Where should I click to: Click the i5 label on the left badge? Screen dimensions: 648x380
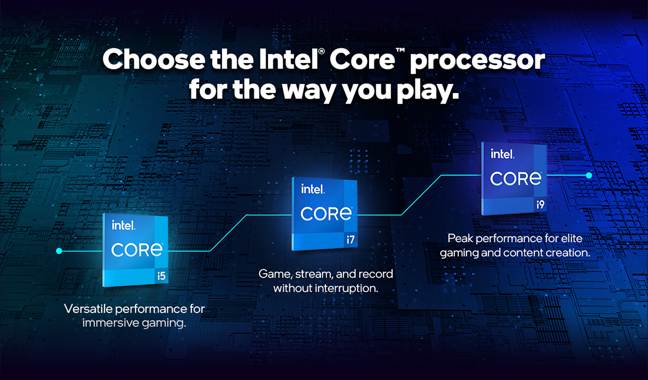click(x=161, y=275)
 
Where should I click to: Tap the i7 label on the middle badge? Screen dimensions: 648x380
click(x=351, y=239)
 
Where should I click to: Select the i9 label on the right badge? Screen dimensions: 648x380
click(x=540, y=204)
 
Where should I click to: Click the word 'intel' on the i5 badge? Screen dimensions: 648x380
click(x=124, y=225)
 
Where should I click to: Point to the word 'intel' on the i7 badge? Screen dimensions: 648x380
click(x=313, y=189)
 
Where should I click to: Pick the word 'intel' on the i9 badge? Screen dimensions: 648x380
click(x=503, y=154)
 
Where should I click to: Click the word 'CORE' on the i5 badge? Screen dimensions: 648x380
click(x=137, y=250)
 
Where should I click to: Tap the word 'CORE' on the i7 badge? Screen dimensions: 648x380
click(x=326, y=214)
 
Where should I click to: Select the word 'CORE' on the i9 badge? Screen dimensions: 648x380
click(x=516, y=179)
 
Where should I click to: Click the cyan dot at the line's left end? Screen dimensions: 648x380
click(x=59, y=251)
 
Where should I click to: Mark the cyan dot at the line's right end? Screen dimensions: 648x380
click(x=589, y=176)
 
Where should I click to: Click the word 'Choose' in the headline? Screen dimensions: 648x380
click(x=153, y=59)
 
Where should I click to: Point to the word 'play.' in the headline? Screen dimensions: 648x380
click(x=428, y=91)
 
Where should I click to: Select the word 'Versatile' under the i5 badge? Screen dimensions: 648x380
click(x=88, y=309)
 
